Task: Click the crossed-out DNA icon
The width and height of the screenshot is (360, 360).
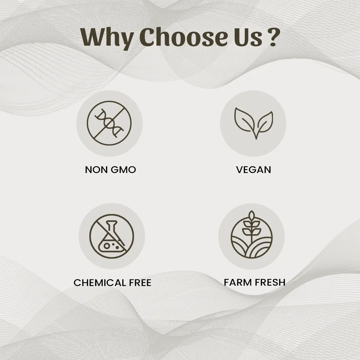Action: tap(109, 123)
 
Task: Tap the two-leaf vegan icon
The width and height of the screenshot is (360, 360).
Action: tap(253, 123)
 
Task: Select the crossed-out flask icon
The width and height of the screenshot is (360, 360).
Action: tap(112, 236)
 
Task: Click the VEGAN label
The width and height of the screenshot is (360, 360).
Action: tap(253, 170)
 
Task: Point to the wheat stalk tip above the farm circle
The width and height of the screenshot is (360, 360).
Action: tap(252, 214)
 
